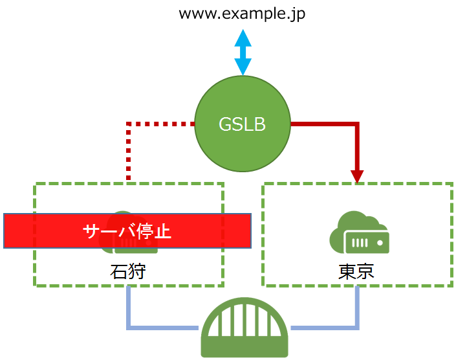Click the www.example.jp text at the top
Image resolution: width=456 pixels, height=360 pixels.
point(242,14)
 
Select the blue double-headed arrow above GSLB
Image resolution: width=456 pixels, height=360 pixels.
point(243,52)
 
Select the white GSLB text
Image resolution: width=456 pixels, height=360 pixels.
point(243,124)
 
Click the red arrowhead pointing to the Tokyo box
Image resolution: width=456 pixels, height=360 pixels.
point(357,177)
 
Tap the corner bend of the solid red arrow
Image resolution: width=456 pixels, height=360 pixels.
point(356,124)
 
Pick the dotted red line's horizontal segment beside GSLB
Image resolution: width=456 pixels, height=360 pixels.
point(162,123)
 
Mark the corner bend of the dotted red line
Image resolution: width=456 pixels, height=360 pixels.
point(129,124)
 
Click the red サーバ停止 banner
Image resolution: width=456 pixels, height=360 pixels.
point(52,231)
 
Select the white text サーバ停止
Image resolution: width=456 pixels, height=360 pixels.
point(127,231)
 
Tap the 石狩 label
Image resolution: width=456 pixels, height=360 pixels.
point(127,271)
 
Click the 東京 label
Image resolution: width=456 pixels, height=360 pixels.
point(356,271)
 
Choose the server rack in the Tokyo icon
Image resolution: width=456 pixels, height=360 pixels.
point(366,242)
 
